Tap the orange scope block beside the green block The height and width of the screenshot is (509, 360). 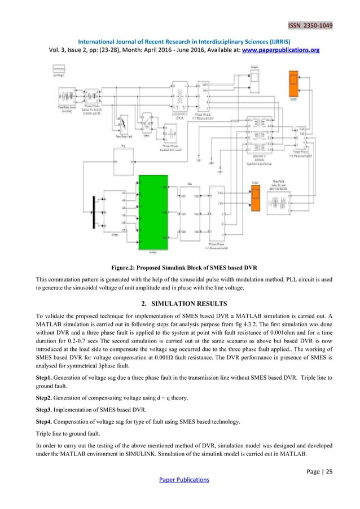click(x=255, y=199)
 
